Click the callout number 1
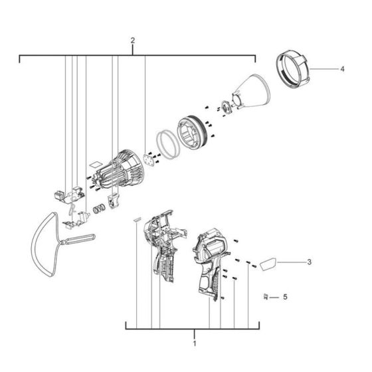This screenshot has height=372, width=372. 194,344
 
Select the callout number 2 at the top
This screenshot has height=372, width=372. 133,41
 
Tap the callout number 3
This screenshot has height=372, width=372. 310,262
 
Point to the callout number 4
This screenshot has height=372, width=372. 342,68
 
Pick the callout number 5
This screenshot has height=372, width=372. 285,296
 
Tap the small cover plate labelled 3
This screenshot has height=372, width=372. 268,264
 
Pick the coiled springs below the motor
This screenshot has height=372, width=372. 98,209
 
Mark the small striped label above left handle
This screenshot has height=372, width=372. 138,217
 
